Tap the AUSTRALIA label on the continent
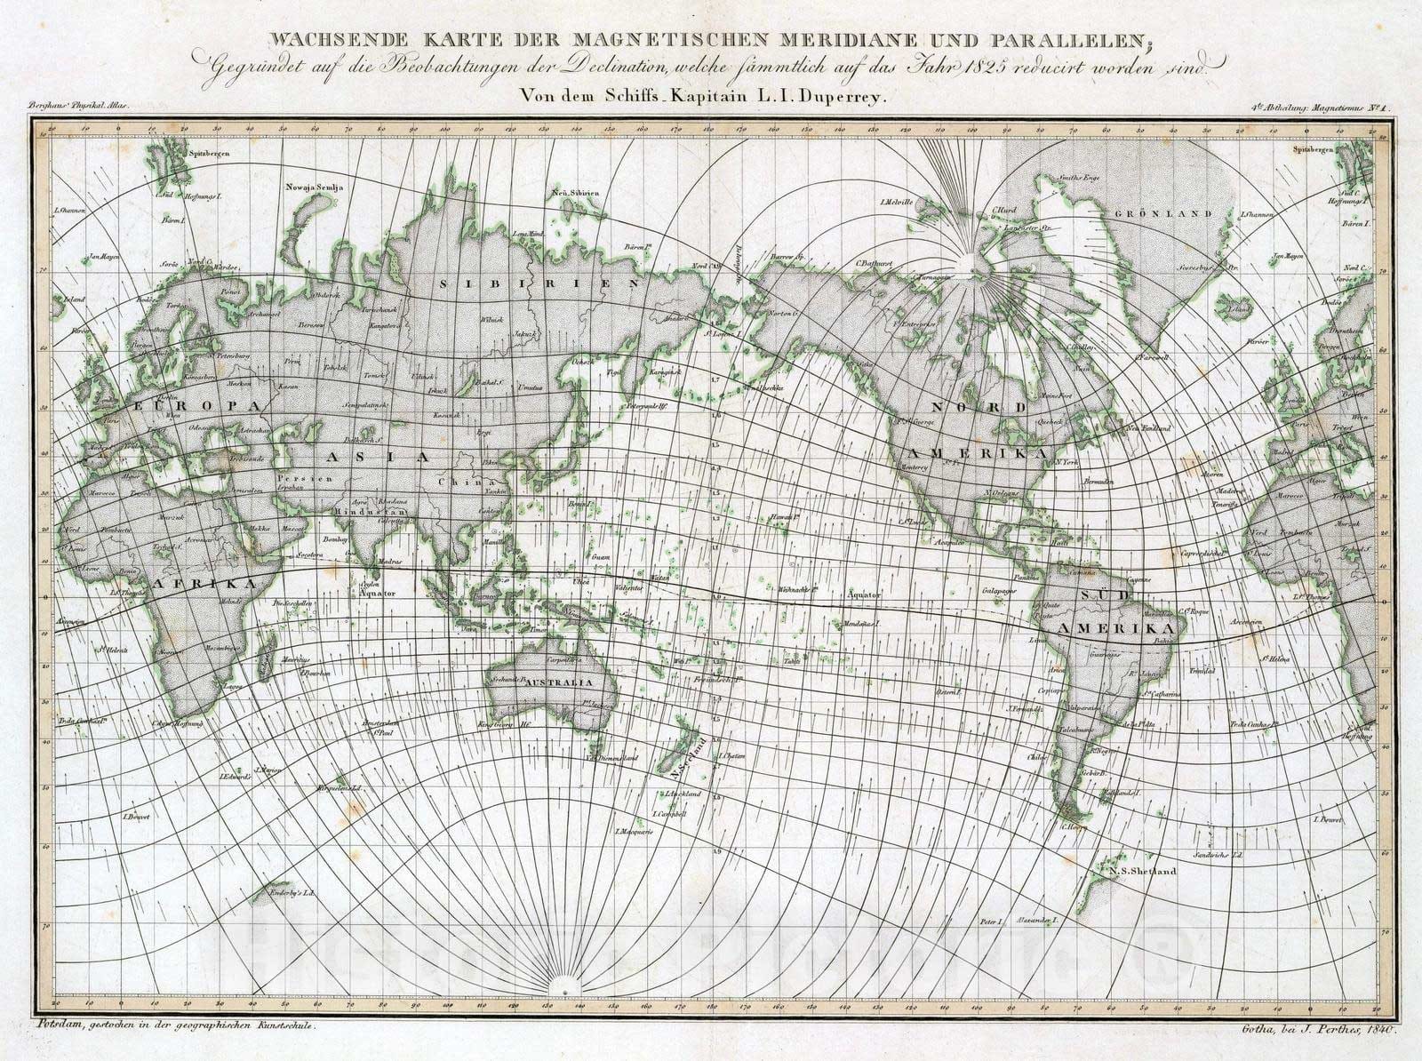pyautogui.click(x=557, y=682)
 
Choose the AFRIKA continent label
pyautogui.click(x=205, y=583)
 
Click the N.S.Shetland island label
pyautogui.click(x=1142, y=871)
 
